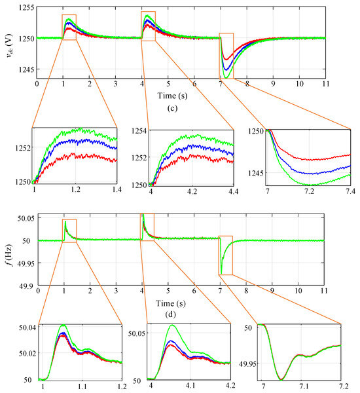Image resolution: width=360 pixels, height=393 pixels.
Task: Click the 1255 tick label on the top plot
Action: pyautogui.click(x=26, y=7)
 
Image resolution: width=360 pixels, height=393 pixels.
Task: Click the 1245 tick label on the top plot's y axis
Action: pyautogui.click(x=26, y=69)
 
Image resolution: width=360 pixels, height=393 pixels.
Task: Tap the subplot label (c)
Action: pyautogui.click(x=172, y=108)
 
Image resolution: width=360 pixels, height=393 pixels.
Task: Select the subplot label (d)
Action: pyautogui.click(x=171, y=314)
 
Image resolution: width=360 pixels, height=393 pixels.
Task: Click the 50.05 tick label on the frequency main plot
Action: pyautogui.click(x=26, y=218)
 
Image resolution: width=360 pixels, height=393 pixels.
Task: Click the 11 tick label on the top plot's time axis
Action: pyautogui.click(x=325, y=84)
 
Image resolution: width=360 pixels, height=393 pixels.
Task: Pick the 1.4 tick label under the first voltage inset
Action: pyautogui.click(x=117, y=189)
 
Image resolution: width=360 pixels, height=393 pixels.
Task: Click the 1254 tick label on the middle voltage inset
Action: pyautogui.click(x=139, y=131)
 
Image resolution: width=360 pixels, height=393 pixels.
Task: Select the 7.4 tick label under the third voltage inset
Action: pyautogui.click(x=350, y=191)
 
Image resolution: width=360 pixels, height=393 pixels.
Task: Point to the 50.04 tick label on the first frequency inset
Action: pyautogui.click(x=27, y=327)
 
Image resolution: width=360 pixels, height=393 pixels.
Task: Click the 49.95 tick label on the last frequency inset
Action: pyautogui.click(x=247, y=364)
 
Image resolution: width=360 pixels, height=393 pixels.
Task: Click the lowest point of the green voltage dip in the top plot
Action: pyautogui.click(x=226, y=78)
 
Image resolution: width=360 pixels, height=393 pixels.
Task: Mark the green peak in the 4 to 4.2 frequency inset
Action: pyautogui.click(x=172, y=325)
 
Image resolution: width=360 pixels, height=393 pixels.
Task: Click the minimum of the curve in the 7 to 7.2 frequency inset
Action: pyautogui.click(x=281, y=379)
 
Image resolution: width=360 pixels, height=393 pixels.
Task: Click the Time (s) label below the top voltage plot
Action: pyautogui.click(x=172, y=96)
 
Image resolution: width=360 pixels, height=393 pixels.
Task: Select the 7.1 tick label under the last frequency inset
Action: pyautogui.click(x=304, y=386)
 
